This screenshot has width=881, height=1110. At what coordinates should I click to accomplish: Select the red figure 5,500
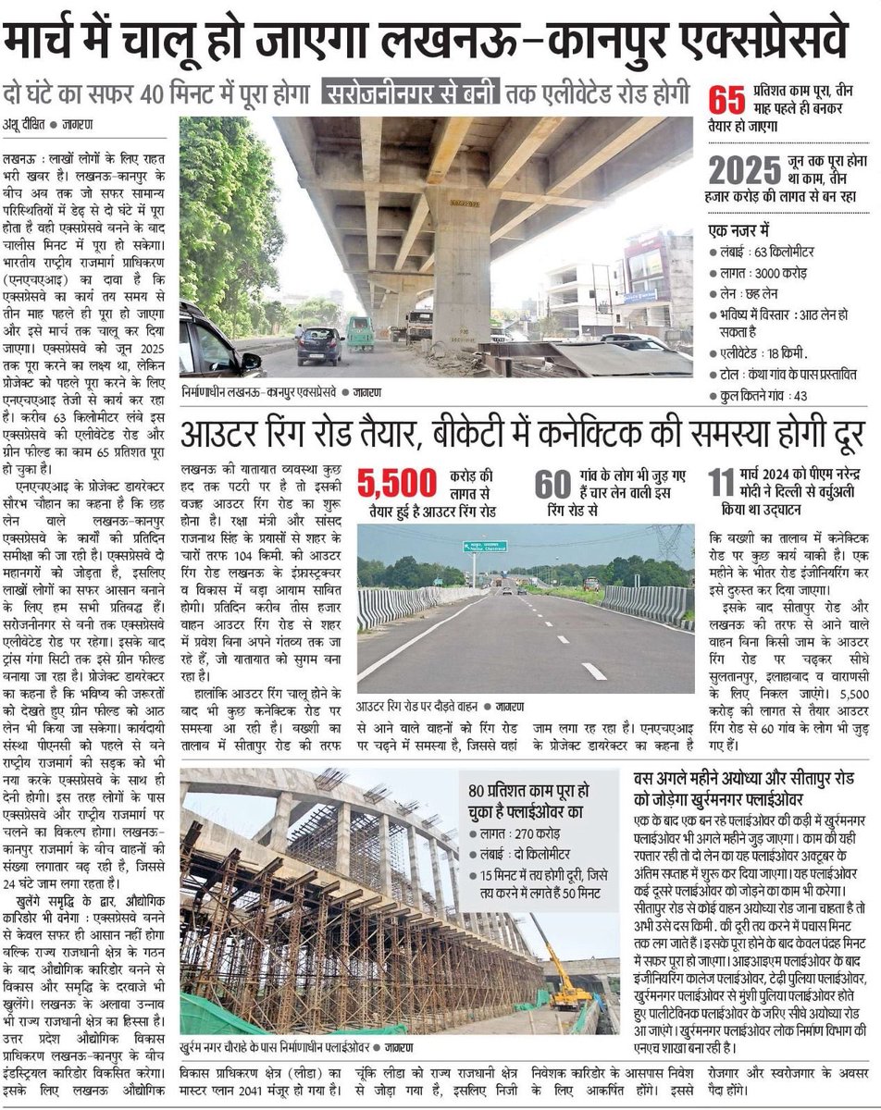coord(398,484)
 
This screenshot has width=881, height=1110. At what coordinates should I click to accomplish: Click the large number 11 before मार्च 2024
coord(721,483)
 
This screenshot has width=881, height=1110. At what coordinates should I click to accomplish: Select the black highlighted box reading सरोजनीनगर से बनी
coord(411,93)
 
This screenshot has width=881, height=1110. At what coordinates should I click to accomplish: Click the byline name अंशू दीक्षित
coord(22,123)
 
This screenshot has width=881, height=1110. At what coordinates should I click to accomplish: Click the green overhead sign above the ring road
coord(485,547)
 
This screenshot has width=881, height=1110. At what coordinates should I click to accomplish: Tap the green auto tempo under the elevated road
coord(361,334)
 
